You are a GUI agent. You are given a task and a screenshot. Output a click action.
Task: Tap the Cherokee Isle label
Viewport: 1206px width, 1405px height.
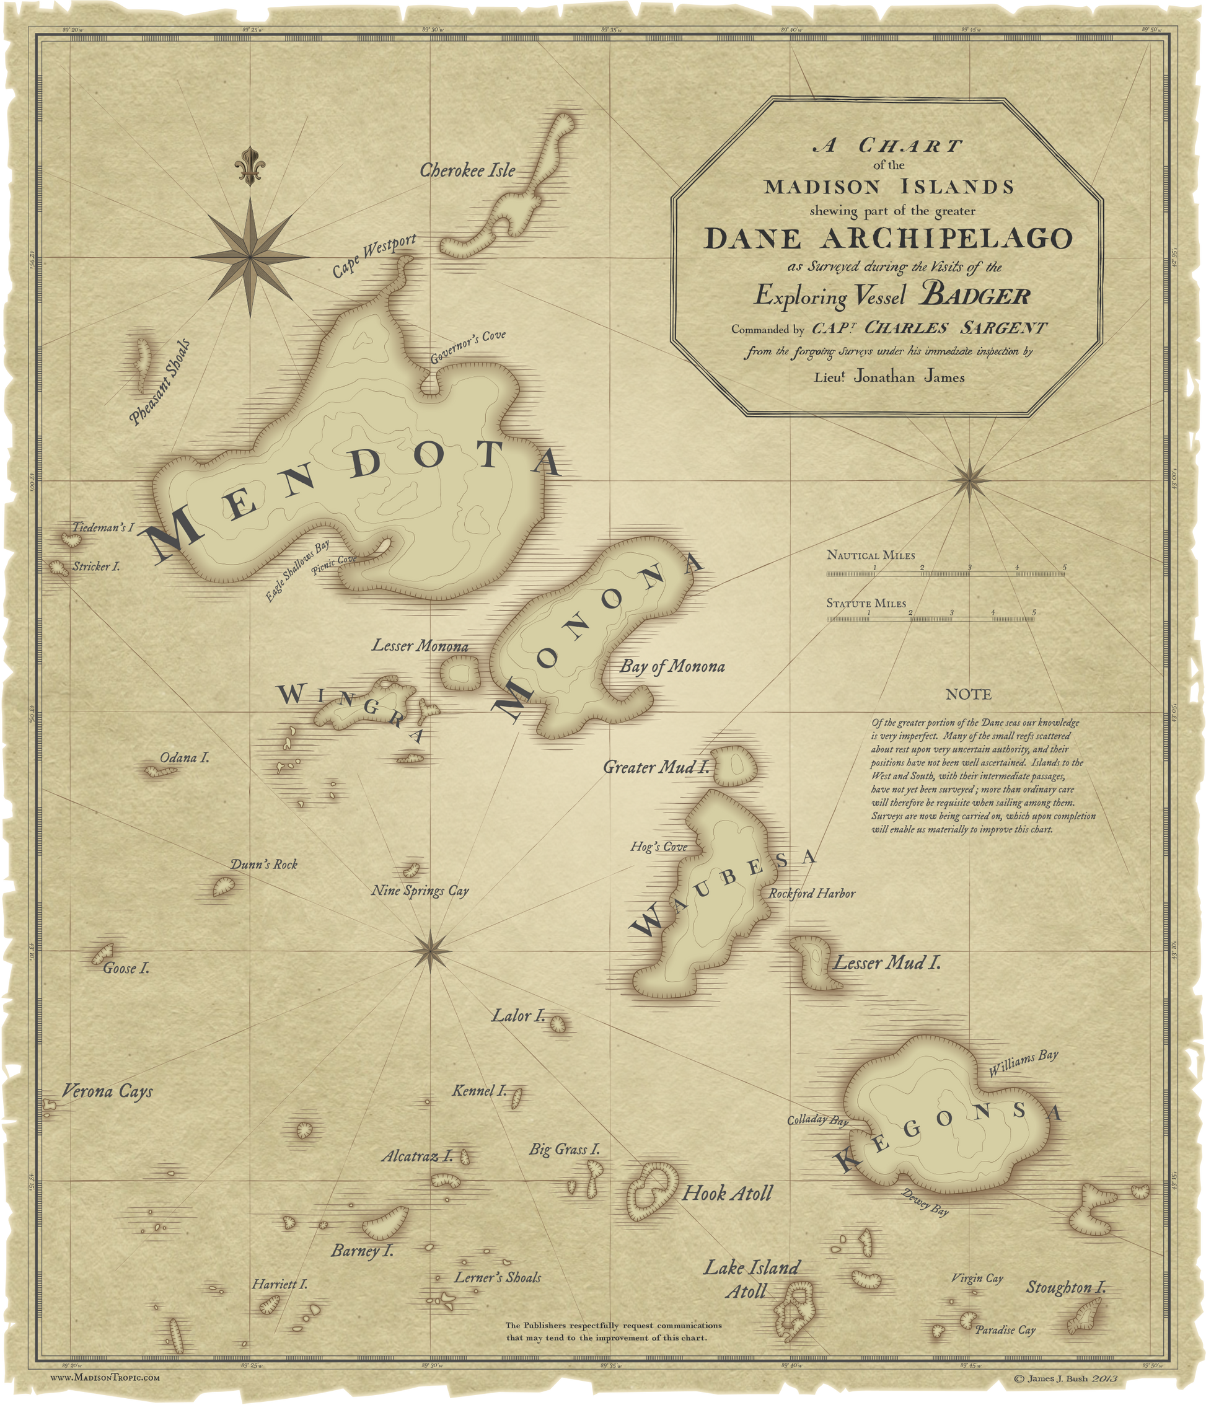pos(467,170)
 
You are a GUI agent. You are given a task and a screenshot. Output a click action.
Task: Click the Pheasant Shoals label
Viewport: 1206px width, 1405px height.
pos(160,382)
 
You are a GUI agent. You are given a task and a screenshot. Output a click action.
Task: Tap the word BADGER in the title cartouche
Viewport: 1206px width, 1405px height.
pos(974,296)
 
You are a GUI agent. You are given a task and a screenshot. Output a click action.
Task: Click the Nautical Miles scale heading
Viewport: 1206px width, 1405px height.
pos(871,555)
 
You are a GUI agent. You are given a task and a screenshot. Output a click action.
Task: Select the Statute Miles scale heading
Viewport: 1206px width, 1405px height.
pos(866,603)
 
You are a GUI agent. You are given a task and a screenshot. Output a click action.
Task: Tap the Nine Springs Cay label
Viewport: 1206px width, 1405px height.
pos(420,891)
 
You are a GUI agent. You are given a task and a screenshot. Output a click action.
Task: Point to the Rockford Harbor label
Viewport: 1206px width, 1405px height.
pos(811,894)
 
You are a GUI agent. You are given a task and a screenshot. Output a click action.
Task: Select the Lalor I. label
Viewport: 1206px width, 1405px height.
pos(518,1016)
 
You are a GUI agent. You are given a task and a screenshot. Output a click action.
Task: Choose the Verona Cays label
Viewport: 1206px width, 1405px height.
pos(107,1091)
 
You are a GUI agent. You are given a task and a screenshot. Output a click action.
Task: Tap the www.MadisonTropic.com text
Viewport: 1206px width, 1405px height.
pos(106,1377)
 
